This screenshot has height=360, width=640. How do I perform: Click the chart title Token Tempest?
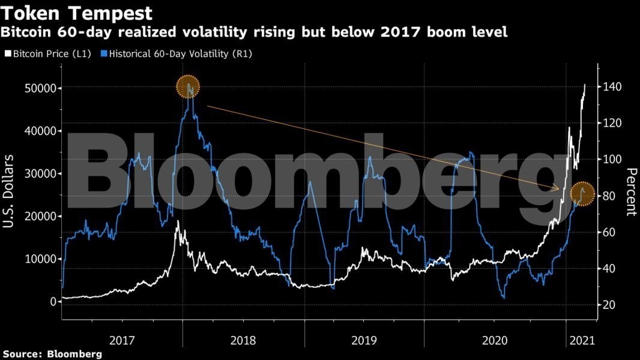pos(77,13)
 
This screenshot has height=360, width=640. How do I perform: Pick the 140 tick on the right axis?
pos(612,87)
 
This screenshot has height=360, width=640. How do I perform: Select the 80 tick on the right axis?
pos(610,196)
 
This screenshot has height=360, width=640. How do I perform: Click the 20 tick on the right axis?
pos(610,305)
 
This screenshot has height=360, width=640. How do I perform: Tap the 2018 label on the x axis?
pos(243,340)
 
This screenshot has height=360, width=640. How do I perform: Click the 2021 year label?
pos(581,340)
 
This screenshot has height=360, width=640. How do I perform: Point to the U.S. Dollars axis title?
pos(10,191)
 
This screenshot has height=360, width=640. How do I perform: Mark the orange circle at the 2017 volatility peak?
pos(188,87)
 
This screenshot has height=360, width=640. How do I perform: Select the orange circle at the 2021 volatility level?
pos(582,193)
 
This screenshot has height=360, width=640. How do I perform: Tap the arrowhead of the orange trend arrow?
pos(558,190)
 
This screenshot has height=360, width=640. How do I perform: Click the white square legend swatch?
pos(7,54)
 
